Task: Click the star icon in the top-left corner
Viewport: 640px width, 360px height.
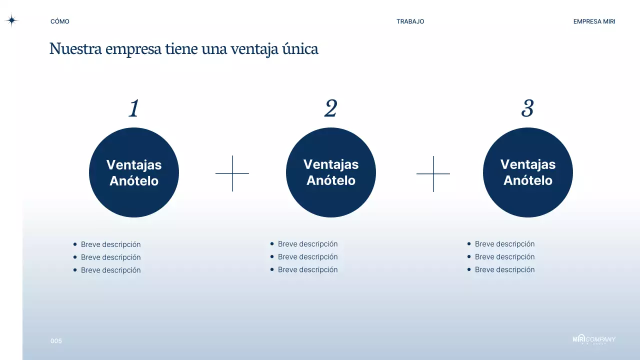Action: [x=11, y=20]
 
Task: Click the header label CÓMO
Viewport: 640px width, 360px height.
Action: [x=60, y=21]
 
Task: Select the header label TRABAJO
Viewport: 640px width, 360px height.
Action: [x=410, y=21]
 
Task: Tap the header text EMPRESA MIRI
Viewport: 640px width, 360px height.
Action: [x=594, y=21]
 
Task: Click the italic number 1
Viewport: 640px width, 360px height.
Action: [x=133, y=108]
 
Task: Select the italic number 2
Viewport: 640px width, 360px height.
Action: [x=330, y=108]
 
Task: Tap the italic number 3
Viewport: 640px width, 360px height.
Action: [x=527, y=108]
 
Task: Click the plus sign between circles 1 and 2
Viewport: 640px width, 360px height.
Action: [x=232, y=173]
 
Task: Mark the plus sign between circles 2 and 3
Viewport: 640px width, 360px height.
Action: [x=433, y=173]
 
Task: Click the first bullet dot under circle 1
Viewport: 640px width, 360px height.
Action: [x=75, y=244]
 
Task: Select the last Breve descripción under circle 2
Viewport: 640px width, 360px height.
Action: [x=307, y=269]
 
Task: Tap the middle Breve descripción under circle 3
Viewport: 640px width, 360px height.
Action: [x=504, y=257]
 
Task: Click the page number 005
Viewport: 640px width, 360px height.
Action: [x=56, y=341]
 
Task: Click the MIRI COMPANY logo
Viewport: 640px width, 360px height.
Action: [x=594, y=339]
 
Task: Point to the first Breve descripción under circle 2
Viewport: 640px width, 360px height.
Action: [x=307, y=244]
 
